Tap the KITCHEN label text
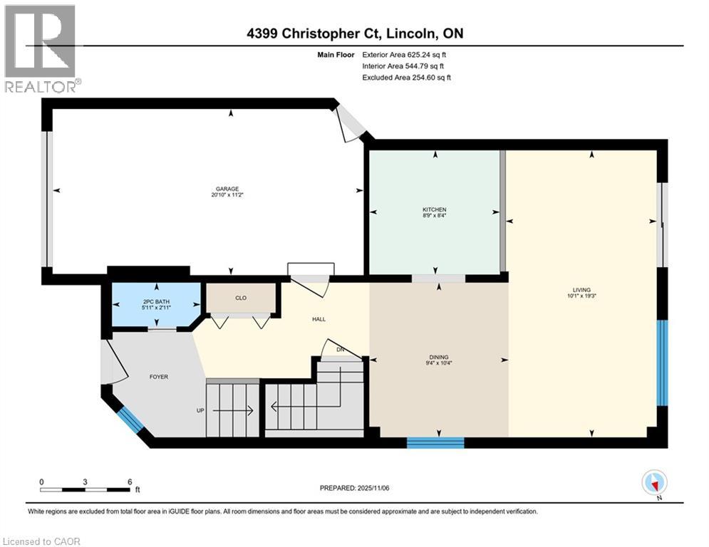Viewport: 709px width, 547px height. point(434,209)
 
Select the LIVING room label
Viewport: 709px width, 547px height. point(581,290)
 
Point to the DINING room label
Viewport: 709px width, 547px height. point(438,358)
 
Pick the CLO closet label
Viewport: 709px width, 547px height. point(240,298)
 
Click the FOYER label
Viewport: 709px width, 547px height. point(158,377)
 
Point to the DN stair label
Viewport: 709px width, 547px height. point(341,350)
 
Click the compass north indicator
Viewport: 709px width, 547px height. point(653,482)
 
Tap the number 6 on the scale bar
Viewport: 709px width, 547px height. point(129,481)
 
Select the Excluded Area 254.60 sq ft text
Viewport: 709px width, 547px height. point(407,77)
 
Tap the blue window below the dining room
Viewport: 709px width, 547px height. point(435,442)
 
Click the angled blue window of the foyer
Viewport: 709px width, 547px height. point(130,420)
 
